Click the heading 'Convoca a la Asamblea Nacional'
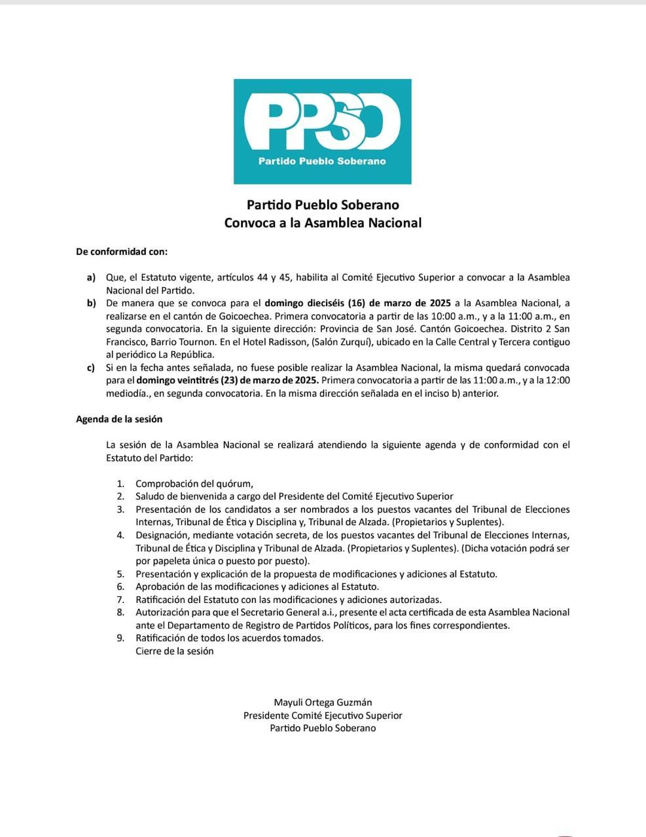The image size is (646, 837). [323, 222]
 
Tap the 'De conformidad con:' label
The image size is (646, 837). [122, 251]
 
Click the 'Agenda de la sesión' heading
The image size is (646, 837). [119, 419]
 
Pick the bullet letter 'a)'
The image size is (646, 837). [91, 277]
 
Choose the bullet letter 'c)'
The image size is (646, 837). [91, 368]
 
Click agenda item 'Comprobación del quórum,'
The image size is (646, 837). [194, 484]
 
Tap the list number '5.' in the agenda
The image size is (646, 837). [120, 574]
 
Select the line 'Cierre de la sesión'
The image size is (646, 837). [174, 651]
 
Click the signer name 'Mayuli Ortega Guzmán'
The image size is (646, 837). [323, 703]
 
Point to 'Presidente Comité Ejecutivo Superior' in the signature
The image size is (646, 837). [323, 715]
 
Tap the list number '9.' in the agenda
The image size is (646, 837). [120, 638]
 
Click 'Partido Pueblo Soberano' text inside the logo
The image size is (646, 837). [322, 161]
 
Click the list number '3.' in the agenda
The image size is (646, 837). [120, 509]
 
